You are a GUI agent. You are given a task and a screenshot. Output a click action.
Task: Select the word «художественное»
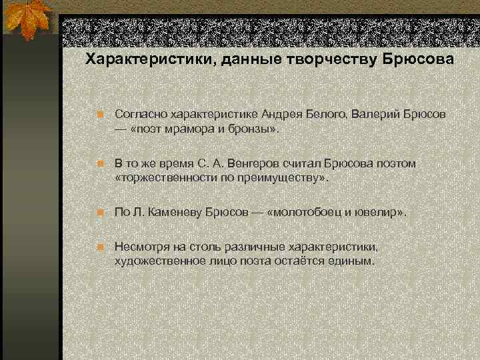[159, 260]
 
